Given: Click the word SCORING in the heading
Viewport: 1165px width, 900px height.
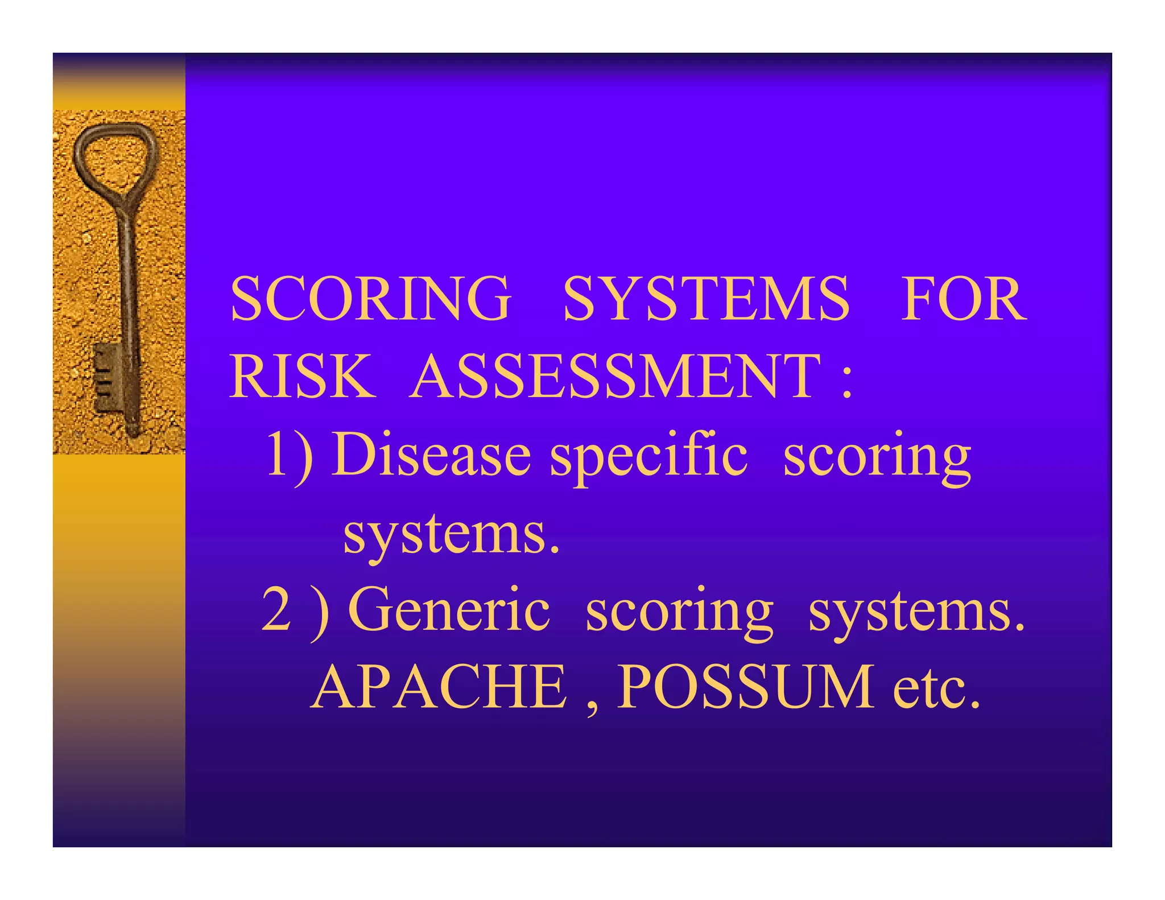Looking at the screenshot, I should (370, 299).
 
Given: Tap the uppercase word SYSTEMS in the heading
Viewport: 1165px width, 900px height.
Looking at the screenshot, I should (706, 299).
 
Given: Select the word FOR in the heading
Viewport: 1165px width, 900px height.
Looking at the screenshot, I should (964, 299).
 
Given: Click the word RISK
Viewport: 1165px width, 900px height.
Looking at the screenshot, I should (302, 377).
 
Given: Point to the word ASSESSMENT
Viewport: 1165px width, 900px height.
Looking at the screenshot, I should (615, 377).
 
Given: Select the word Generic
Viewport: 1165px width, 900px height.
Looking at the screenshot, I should (449, 610).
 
